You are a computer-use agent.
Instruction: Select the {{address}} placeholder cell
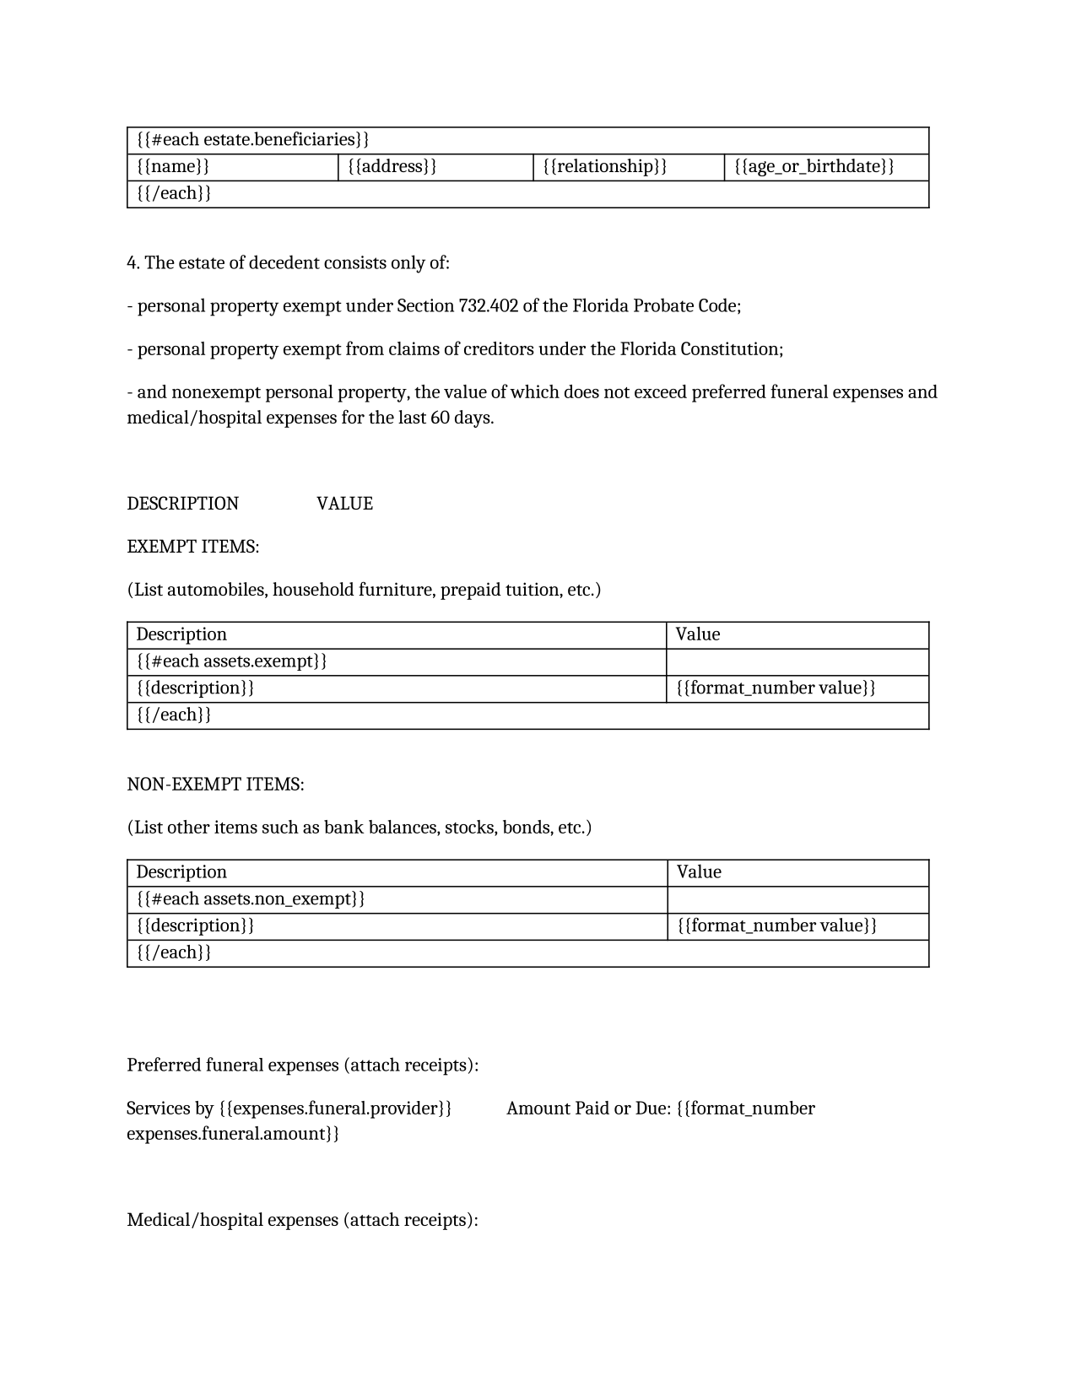coord(392,166)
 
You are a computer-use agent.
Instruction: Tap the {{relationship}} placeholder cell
coord(604,166)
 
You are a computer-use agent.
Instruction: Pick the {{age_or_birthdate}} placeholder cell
coord(814,166)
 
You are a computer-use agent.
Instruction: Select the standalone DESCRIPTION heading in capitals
coord(182,504)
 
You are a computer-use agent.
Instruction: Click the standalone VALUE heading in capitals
coord(344,504)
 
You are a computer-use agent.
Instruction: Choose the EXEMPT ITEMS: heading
coord(192,547)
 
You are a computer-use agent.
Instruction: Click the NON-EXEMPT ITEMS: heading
coord(215,785)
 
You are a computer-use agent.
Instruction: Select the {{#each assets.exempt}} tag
coord(231,661)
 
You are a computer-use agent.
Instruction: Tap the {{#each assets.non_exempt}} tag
coord(251,899)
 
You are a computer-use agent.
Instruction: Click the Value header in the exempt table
coord(698,634)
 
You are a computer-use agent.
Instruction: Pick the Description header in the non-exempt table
coord(181,872)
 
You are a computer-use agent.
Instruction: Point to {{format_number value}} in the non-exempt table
coord(776,926)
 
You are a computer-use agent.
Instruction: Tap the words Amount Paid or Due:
coord(588,1109)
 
